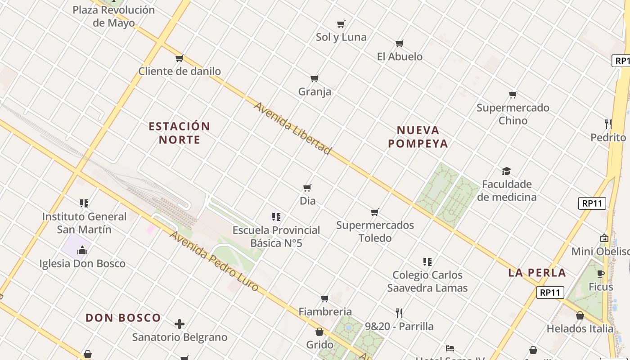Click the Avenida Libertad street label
[x=292, y=128]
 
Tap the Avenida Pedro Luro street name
[x=214, y=261]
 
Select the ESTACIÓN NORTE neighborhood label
[x=179, y=133]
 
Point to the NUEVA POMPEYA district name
[x=418, y=137]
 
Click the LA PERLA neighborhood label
[x=537, y=273]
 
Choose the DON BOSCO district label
[x=123, y=318]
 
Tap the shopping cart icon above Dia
[x=307, y=188]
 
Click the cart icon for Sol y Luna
[x=341, y=24]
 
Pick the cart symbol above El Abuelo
[x=400, y=44]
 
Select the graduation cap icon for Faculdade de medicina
[x=507, y=171]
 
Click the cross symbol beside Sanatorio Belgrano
[x=180, y=324]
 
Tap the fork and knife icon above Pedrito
[x=608, y=124]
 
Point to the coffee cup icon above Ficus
[x=601, y=274]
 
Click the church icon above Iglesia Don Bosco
[x=82, y=250]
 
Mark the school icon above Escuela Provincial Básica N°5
[x=276, y=217]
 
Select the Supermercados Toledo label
[x=375, y=231]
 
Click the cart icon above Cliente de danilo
[x=179, y=58]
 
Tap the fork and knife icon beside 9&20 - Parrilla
[x=399, y=313]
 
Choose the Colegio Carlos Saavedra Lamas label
[x=427, y=281]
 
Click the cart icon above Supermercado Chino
[x=513, y=94]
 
